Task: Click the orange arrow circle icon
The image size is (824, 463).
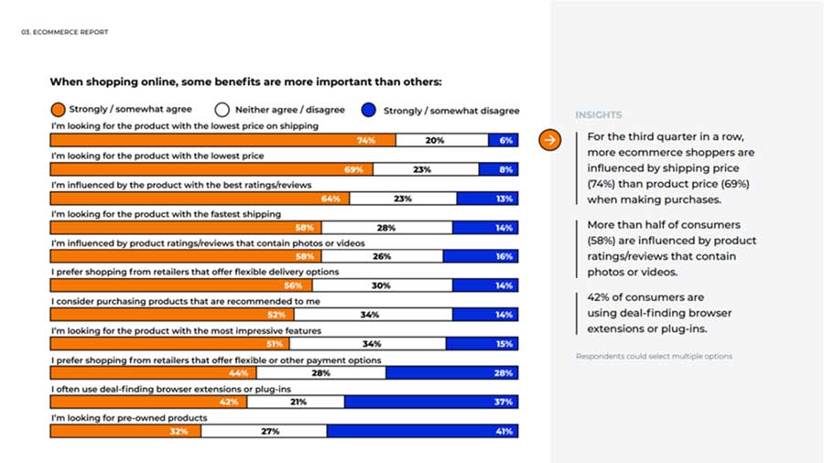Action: coord(549,140)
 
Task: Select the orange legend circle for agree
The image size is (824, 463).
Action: coord(58,109)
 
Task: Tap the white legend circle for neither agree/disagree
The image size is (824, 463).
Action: coord(222,110)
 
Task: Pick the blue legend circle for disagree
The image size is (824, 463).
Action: coord(369,110)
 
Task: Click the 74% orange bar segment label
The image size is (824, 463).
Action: coord(365,140)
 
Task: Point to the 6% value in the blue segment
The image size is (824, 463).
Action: coord(505,140)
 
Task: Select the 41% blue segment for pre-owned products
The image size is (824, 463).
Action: coord(422,431)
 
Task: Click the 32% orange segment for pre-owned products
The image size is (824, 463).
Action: coord(125,431)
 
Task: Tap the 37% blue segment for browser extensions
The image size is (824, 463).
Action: coord(431,402)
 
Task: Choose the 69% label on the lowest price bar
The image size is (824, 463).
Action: coord(353,169)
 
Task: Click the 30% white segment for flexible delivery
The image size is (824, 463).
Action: coord(382,285)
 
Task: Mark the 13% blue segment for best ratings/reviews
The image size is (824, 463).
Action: coord(488,199)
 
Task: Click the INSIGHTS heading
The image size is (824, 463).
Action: coord(599,115)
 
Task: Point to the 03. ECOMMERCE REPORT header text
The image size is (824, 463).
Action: coord(65,32)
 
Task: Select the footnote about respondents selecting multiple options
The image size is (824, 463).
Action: coord(654,356)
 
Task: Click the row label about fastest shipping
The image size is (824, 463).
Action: coord(166,214)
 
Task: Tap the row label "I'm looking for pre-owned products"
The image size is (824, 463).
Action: coord(129,418)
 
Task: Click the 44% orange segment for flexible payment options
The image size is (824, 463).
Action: coord(154,372)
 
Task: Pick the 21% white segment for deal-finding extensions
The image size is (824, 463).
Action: coord(296,402)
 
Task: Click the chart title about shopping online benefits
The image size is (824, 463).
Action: coord(246,81)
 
